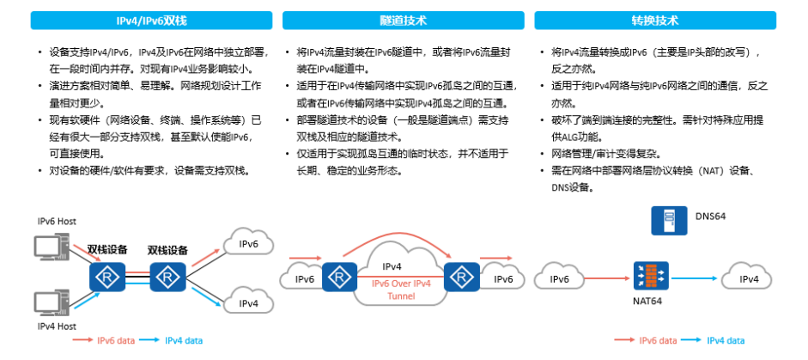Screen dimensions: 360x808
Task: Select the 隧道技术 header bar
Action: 403,20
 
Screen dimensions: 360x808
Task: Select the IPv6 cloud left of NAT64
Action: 559,279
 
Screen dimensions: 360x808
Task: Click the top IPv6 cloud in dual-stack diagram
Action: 248,245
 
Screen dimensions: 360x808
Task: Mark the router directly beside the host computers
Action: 107,277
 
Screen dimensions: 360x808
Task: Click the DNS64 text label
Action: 710,217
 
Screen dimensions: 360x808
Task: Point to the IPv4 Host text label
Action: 57,326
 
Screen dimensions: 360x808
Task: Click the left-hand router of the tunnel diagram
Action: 339,277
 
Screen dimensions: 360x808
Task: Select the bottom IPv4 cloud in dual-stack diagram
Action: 248,303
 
